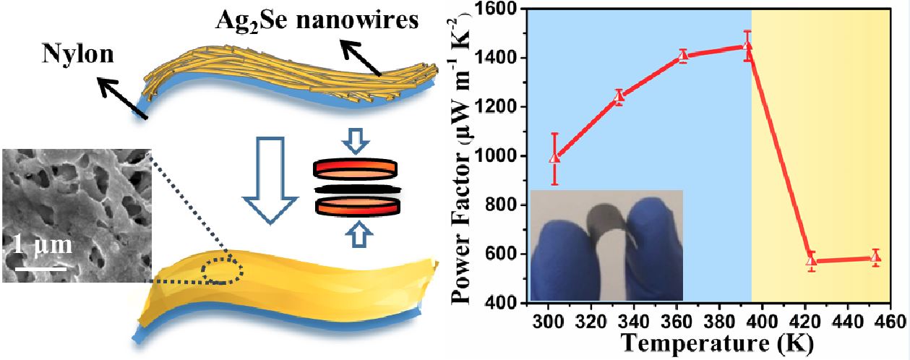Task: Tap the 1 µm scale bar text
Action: (42, 245)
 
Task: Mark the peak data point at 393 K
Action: (747, 47)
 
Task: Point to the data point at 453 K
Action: (876, 257)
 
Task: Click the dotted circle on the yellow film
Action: (223, 270)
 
